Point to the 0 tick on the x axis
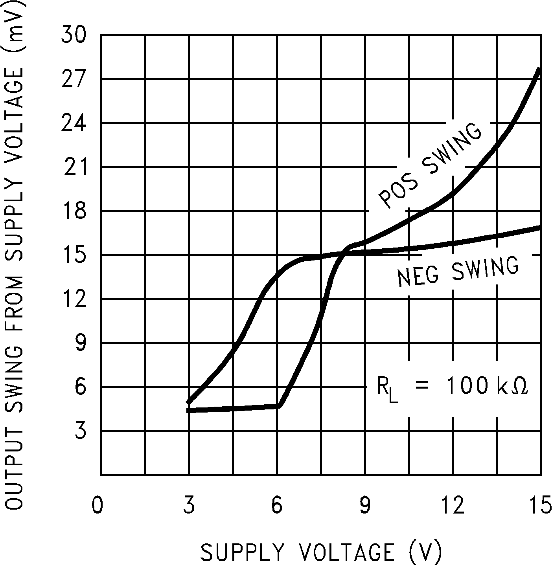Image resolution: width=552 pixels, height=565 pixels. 97,505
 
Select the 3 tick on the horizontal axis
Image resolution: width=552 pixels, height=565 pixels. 189,505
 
